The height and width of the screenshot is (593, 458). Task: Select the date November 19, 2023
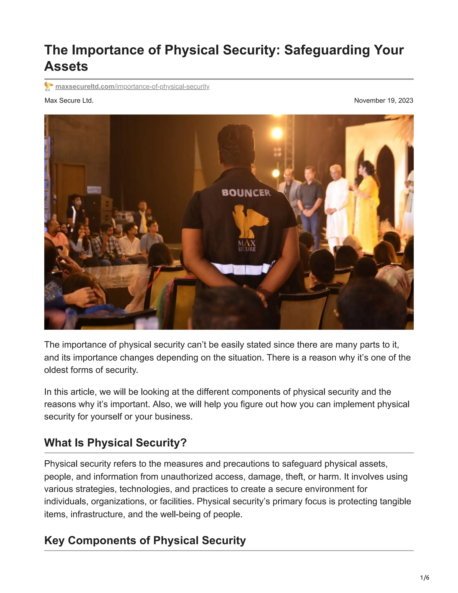(383, 101)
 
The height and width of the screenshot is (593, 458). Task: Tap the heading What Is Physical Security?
(115, 443)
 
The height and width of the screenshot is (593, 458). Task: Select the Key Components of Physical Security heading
(145, 540)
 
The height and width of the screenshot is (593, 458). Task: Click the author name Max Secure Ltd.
(69, 101)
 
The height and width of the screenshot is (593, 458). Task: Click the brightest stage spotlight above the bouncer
(277, 133)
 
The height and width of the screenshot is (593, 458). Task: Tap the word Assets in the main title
(66, 66)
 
